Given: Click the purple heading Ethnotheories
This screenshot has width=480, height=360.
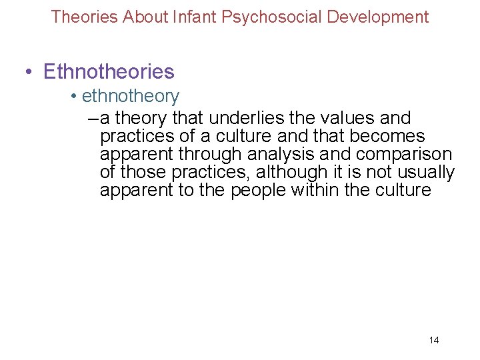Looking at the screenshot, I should (x=109, y=71).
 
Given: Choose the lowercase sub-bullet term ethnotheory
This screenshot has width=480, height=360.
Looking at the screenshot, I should (x=131, y=97).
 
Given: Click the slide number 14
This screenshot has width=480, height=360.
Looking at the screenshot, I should (x=433, y=341).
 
